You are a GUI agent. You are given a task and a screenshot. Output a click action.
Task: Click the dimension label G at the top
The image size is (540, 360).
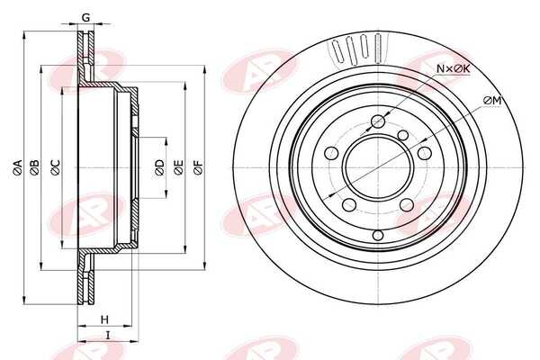pos(86,17)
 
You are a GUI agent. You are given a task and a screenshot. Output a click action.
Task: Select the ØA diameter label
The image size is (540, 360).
pos(18,168)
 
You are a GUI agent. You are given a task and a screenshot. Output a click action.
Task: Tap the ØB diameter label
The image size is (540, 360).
pos(34,167)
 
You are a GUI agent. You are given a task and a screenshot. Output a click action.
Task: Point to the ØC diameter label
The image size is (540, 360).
pos(55,167)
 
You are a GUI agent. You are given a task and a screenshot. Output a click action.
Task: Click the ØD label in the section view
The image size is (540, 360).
pos(159,167)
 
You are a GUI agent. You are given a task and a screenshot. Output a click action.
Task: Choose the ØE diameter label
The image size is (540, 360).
pos(178,167)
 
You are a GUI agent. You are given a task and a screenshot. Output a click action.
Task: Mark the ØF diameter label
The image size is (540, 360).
pos(199,167)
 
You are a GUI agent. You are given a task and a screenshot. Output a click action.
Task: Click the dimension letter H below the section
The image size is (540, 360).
pos(104,319)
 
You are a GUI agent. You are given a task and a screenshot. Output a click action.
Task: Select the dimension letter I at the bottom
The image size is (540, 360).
pos(108,335)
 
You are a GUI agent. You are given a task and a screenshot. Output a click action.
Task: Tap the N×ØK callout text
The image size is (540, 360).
pos(453,68)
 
